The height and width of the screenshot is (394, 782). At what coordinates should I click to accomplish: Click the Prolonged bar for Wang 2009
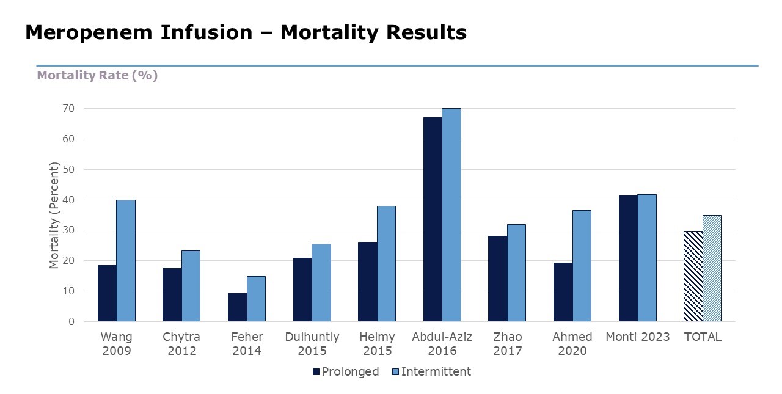(107, 293)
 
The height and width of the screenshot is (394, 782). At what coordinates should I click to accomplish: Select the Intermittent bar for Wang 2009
(126, 261)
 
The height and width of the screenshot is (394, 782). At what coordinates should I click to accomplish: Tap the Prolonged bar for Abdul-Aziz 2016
(433, 219)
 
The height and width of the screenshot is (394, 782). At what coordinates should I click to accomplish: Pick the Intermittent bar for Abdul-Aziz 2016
(451, 215)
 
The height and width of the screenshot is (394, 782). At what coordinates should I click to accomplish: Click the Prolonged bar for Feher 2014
(237, 307)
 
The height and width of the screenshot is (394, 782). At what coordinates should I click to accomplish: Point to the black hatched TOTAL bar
(693, 276)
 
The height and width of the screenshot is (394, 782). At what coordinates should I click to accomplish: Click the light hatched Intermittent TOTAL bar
(712, 268)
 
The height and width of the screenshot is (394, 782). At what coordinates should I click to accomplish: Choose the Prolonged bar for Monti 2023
(628, 258)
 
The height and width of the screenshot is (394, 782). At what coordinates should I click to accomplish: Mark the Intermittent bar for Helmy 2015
(386, 264)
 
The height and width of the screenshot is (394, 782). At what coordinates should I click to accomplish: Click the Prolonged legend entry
(345, 371)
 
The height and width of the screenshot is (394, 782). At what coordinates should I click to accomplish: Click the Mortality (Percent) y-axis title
(55, 215)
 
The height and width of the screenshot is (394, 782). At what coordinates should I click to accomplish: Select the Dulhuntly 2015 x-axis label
(312, 344)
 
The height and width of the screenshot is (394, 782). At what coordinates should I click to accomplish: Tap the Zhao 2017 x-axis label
(507, 344)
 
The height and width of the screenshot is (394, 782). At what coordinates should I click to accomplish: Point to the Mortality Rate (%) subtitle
(97, 76)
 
